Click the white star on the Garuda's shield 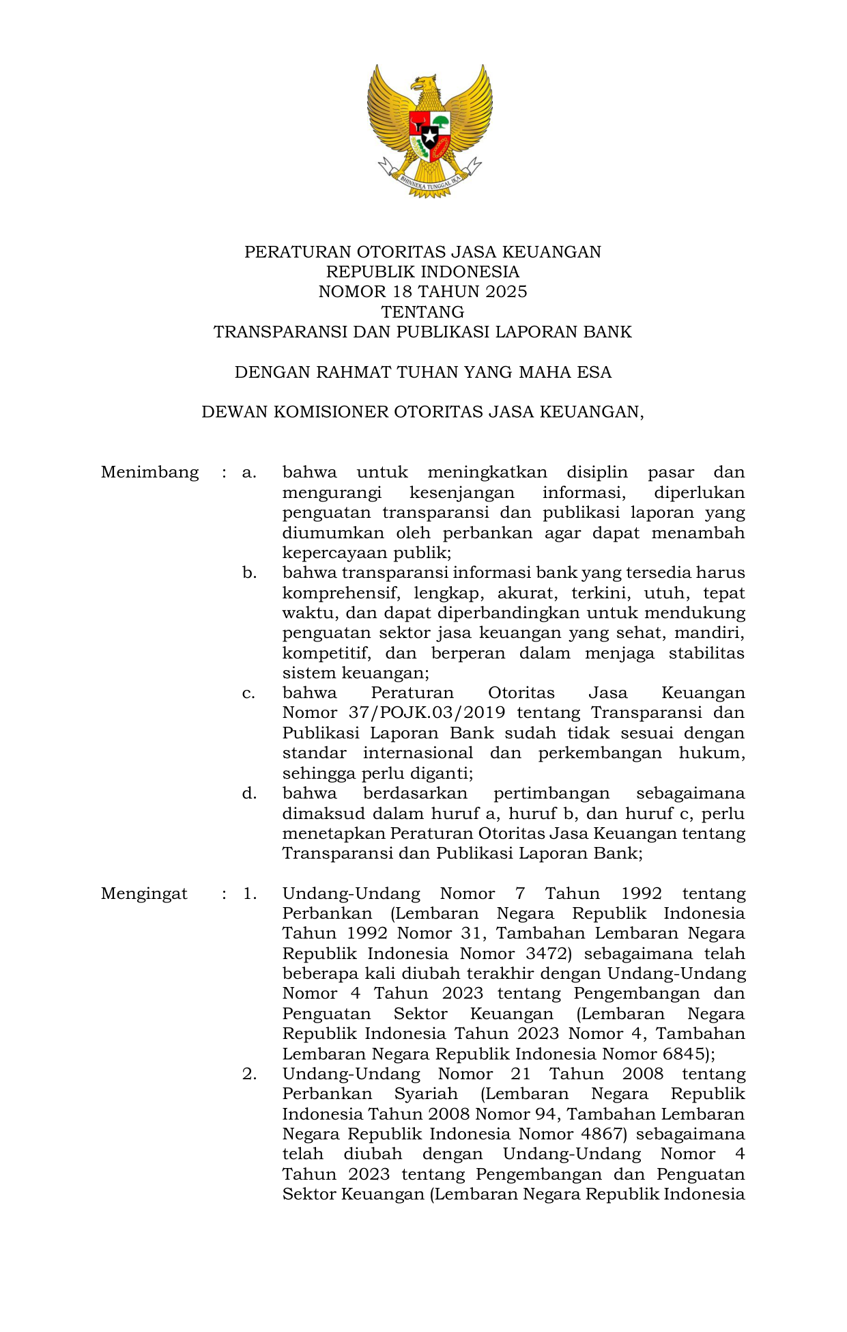[x=429, y=136]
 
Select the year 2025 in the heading [x=506, y=292]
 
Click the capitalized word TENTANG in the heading [x=422, y=312]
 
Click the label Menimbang [x=149, y=473]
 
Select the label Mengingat [x=144, y=894]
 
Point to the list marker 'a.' [x=249, y=473]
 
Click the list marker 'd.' [x=249, y=794]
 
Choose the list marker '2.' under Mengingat [x=249, y=1074]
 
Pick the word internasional [x=418, y=753]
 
